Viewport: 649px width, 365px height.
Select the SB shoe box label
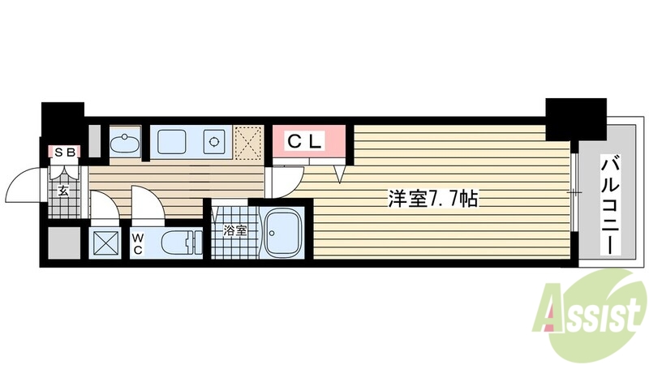[64, 152]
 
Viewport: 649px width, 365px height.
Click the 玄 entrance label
[63, 192]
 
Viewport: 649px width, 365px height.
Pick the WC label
[139, 243]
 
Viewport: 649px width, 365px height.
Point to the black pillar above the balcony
[575, 118]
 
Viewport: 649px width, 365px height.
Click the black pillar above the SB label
[62, 122]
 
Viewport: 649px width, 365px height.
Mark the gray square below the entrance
[62, 243]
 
